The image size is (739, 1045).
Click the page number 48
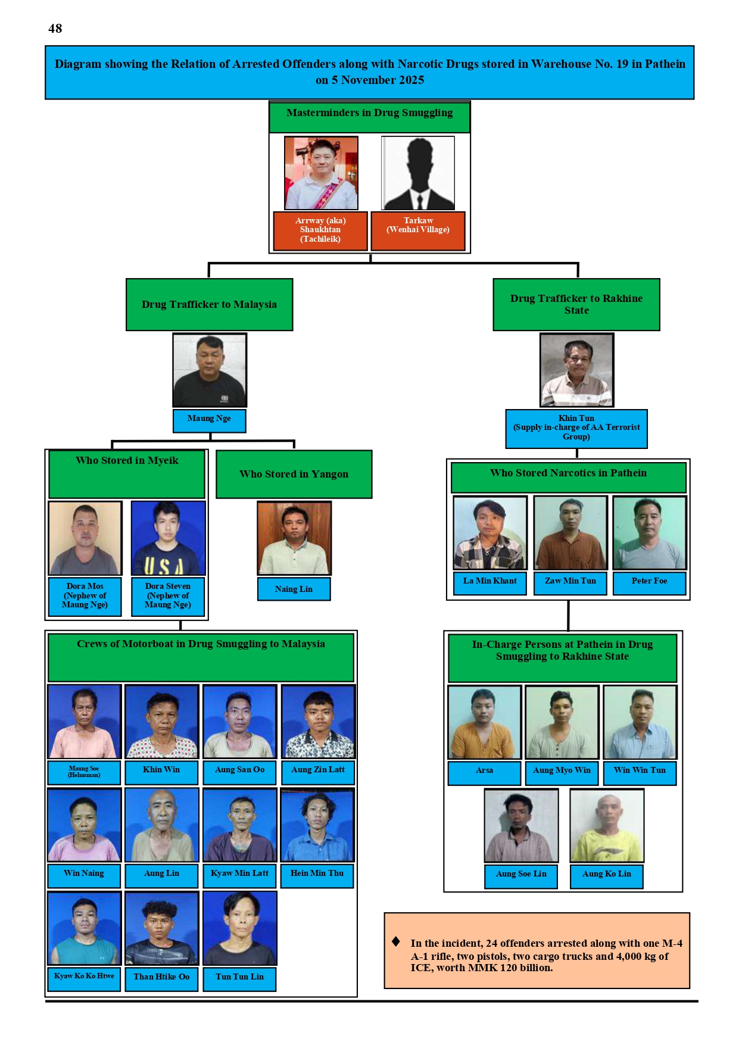[55, 29]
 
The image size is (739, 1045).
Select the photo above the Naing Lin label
[294, 538]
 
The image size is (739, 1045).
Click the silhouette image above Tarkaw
[418, 173]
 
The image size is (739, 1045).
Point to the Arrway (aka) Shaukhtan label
[320, 230]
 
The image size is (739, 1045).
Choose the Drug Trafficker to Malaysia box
[209, 304]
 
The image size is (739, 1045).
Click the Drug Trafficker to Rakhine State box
[576, 304]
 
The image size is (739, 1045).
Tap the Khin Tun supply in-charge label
[576, 428]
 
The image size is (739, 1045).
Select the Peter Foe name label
[649, 582]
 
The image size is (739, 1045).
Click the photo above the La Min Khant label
[490, 533]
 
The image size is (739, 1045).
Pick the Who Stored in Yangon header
[294, 474]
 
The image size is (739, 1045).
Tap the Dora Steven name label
[168, 596]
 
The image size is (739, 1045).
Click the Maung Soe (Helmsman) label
[84, 772]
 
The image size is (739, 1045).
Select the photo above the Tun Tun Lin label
[240, 928]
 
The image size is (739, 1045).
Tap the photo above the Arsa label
[485, 722]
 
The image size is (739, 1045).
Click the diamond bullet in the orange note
[396, 941]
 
